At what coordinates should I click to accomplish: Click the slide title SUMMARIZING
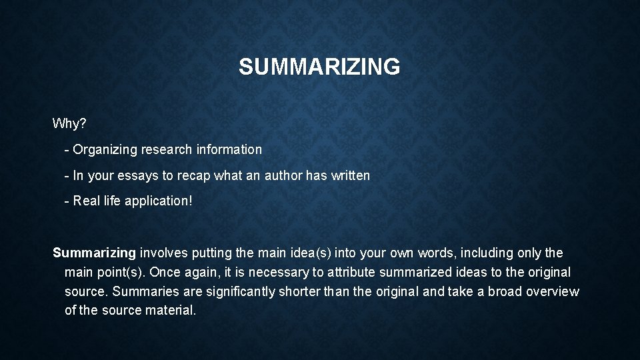(x=319, y=67)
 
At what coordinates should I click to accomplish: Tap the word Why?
(x=69, y=123)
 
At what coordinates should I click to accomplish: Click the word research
(x=166, y=150)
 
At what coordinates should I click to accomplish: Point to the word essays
(x=135, y=176)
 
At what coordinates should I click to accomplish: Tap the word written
(x=349, y=176)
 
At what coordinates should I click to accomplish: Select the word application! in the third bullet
(x=159, y=201)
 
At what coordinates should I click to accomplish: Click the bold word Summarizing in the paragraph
(x=94, y=253)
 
